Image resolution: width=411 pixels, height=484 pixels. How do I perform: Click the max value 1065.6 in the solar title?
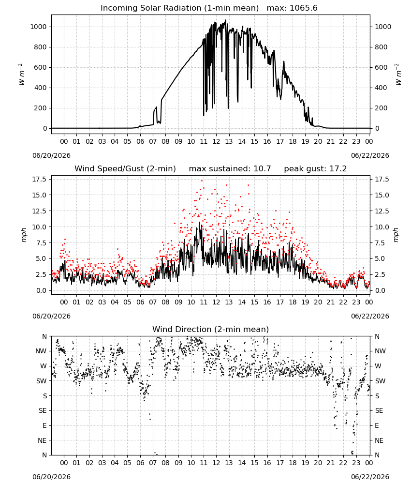pos(304,8)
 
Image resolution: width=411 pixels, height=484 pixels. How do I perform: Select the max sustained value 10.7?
pos(262,169)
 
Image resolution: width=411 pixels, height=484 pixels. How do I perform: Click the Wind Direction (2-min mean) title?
pos(211,329)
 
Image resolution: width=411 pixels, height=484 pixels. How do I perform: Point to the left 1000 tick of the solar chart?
pos(38,27)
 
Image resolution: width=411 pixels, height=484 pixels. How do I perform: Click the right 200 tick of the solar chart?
pos(381,108)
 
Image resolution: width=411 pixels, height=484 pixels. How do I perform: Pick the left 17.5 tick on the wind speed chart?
pos(40,180)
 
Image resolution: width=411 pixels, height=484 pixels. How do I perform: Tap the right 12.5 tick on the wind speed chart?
pos(382,211)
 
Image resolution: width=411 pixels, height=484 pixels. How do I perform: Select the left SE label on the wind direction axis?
pos(43,410)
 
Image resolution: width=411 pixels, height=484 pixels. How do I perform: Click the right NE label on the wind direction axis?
pos(379,440)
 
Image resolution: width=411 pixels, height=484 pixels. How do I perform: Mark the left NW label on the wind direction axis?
pos(41,351)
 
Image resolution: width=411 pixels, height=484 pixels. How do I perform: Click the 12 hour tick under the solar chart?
pos(216,141)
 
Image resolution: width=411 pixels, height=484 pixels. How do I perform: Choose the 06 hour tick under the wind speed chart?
pos(140,302)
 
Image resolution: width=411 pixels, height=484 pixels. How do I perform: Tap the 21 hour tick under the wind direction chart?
pos(331,463)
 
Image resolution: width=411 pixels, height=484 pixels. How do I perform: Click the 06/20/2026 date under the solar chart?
pos(51,155)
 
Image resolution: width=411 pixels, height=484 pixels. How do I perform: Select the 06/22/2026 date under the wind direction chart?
pos(370,477)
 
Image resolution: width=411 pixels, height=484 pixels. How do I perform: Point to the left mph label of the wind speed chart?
pos(24,235)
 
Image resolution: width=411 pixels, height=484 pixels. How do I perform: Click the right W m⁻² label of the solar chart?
pos(398,75)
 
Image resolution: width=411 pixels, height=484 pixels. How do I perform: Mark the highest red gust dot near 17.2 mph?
pos(202,181)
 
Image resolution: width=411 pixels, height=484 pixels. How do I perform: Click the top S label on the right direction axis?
pos(377,396)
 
